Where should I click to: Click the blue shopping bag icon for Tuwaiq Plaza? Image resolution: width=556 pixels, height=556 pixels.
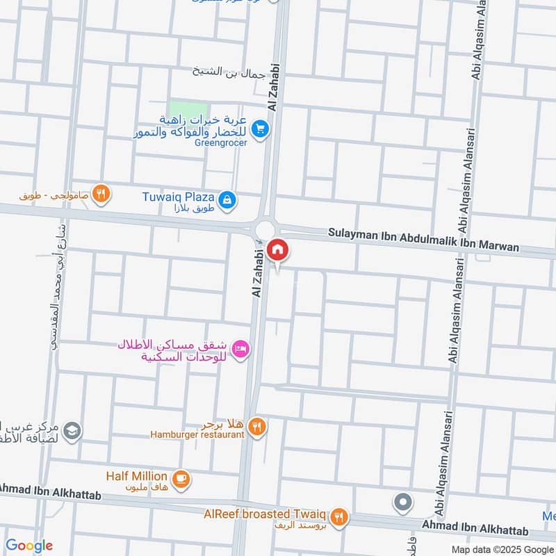pos(227,201)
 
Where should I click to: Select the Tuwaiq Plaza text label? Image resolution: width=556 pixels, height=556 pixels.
pos(178,197)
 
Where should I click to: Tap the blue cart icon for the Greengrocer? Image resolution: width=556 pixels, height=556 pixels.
pos(260,129)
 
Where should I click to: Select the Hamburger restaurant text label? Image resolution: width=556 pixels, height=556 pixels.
pos(197,435)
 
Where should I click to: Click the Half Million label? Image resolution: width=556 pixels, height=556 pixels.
pos(136,476)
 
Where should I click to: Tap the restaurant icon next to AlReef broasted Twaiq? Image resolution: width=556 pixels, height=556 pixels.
pos(338,516)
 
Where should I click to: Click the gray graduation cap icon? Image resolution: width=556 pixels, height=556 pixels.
pos(72,432)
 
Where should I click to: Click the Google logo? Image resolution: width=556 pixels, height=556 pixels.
pos(28,546)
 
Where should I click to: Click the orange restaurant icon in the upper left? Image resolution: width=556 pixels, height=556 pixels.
pos(101,194)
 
